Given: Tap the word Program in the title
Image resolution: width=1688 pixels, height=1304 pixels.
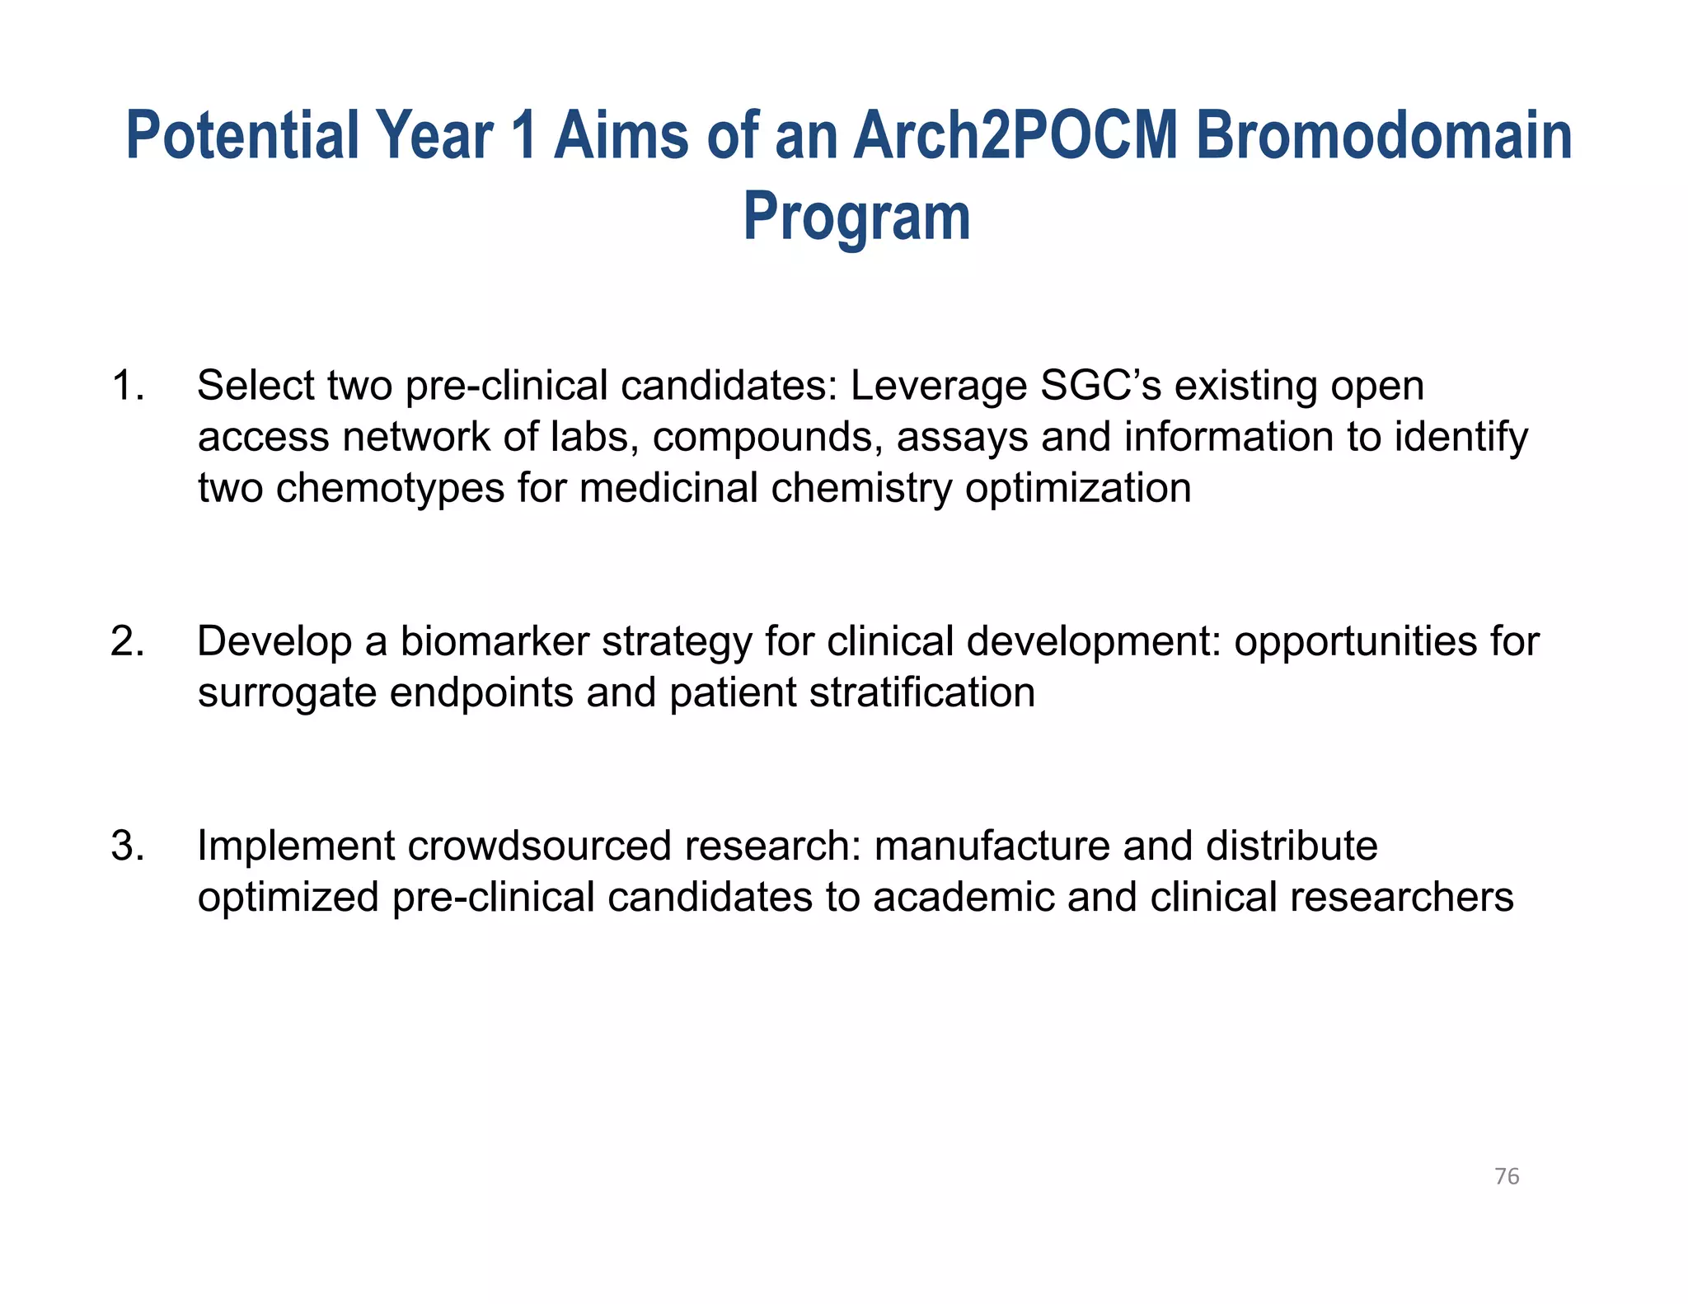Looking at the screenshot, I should coord(856,217).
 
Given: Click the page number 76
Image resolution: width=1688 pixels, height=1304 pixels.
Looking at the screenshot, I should coord(1506,1176).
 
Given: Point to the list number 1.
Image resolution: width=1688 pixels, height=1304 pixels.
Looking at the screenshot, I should coord(127,386).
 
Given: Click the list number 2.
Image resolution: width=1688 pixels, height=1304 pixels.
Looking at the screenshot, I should coord(127,641).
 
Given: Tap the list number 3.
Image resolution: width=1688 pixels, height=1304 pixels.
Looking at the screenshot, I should coord(127,846).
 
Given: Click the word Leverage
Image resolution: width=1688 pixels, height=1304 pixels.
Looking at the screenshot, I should coord(938,386).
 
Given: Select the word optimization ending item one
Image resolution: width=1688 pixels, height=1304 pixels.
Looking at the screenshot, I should coord(1078,488).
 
